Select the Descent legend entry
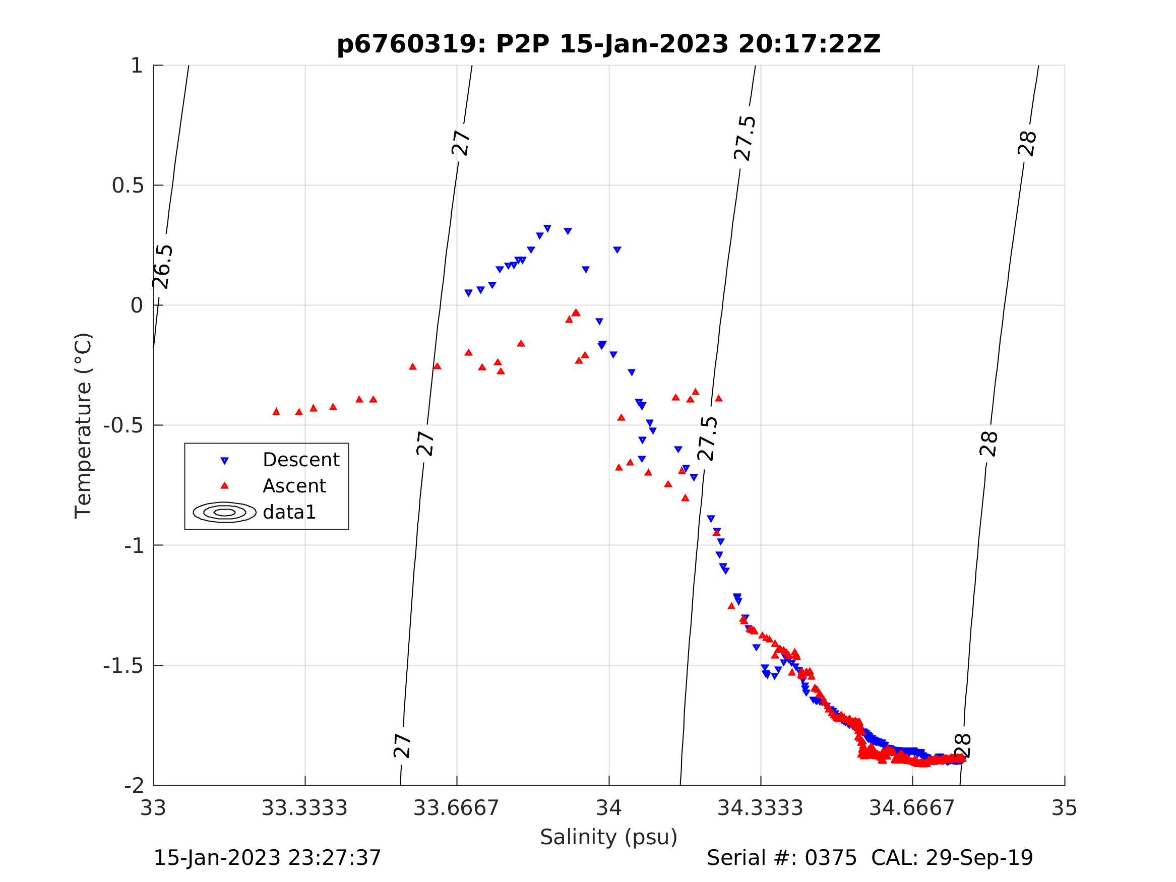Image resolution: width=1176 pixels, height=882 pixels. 301,460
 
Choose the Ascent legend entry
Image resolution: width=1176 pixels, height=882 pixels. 294,486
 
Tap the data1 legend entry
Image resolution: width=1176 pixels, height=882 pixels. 289,512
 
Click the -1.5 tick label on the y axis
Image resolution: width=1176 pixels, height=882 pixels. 123,666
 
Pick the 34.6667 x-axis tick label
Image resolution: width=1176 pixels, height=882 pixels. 912,808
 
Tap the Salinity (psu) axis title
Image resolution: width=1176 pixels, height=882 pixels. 609,837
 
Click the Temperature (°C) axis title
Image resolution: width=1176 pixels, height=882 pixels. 84,425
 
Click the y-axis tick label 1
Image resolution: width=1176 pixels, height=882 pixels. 137,66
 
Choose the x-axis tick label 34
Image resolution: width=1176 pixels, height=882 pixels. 609,808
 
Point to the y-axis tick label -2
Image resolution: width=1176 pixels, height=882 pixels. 134,786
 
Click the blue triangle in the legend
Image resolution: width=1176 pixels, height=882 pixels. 224,461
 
